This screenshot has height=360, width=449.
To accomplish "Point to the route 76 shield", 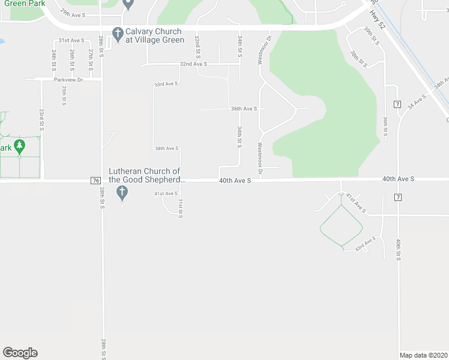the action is click(95, 181).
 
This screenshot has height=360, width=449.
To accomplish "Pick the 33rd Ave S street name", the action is click(166, 84).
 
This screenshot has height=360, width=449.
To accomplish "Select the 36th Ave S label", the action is click(244, 109).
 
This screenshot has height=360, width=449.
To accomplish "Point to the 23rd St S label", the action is click(41, 120).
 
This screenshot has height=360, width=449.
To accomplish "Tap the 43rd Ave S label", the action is click(365, 243).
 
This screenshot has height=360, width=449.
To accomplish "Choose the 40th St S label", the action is click(398, 250).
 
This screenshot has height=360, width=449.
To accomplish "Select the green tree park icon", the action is click(20, 146).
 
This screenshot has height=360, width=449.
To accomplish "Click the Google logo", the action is click(20, 353).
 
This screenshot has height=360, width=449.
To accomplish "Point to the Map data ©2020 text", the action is click(423, 355).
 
